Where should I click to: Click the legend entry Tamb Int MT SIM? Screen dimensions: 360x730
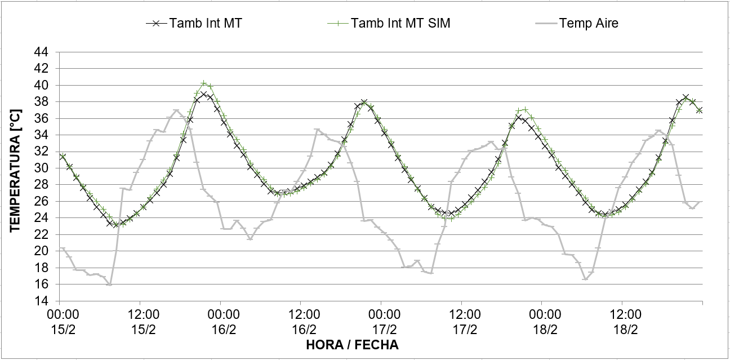[400, 23]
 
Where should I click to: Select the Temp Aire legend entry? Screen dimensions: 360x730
[588, 23]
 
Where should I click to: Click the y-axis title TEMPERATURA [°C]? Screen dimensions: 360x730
[15, 176]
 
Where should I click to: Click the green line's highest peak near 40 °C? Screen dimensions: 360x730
[204, 83]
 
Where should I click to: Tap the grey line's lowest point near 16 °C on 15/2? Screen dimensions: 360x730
[109, 284]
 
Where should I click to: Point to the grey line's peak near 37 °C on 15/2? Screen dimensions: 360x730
[176, 110]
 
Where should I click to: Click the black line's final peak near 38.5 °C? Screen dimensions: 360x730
[686, 97]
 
